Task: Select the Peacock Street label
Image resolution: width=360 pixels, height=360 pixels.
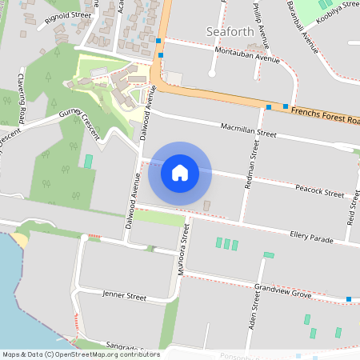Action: click(x=319, y=192)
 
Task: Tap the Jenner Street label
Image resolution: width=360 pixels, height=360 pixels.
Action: click(x=124, y=296)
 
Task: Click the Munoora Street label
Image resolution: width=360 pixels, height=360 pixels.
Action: click(x=183, y=248)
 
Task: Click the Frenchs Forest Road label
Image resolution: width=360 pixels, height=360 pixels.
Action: click(x=325, y=117)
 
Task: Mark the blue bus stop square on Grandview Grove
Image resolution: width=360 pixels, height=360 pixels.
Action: click(x=349, y=299)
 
